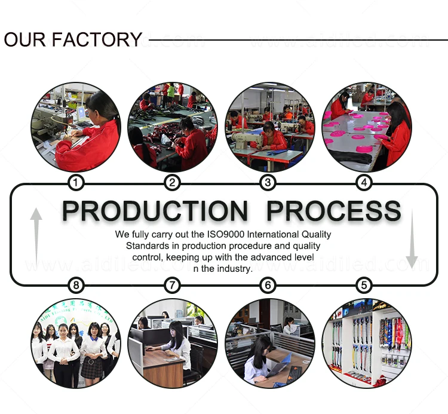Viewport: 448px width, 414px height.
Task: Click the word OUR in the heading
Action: coord(25,39)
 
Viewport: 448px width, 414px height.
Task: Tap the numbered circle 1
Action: coord(76,182)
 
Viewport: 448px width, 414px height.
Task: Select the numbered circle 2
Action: coord(172,182)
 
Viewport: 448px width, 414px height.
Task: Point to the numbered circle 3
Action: coord(268,182)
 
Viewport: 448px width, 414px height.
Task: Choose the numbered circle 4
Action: coord(364,182)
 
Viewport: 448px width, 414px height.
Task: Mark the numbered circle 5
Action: coord(364,286)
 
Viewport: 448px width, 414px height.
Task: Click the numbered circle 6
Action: coord(268,286)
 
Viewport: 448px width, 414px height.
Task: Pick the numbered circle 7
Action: coord(172,286)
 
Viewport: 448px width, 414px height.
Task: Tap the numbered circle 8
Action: coord(76,286)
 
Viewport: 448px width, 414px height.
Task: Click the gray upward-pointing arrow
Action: coord(36,236)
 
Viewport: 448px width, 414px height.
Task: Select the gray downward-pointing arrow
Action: coord(412,236)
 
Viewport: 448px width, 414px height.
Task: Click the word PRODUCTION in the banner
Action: coord(155,211)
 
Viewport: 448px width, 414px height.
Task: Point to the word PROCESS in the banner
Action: coord(333,211)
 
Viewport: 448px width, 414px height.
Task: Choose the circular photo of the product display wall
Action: coord(366,343)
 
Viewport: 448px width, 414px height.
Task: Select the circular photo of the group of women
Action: coord(76,343)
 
